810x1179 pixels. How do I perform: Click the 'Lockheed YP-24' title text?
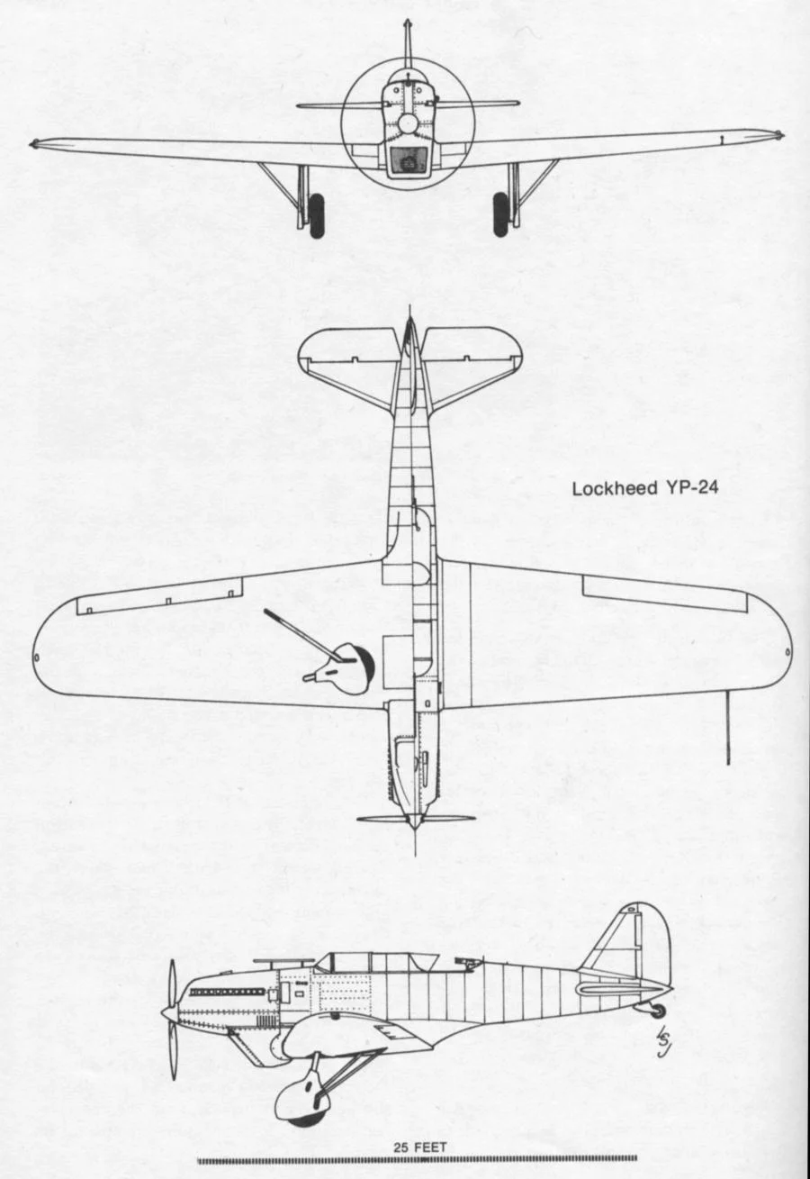pyautogui.click(x=644, y=489)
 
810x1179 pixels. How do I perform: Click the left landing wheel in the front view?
pyautogui.click(x=316, y=216)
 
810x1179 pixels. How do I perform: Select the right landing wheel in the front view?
pyautogui.click(x=501, y=214)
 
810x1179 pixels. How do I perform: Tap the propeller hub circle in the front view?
pyautogui.click(x=409, y=123)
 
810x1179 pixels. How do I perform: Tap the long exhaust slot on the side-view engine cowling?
pyautogui.click(x=227, y=992)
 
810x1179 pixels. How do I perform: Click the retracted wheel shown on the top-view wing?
pyautogui.click(x=354, y=668)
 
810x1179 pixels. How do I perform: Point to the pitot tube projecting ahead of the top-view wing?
pyautogui.click(x=728, y=728)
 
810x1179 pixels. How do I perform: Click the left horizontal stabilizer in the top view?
pyautogui.click(x=348, y=366)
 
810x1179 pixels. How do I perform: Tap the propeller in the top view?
pyautogui.click(x=416, y=819)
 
